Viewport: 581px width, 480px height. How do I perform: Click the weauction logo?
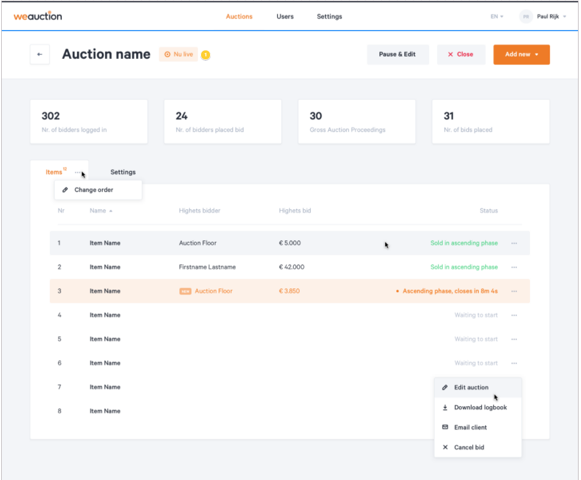[38, 16]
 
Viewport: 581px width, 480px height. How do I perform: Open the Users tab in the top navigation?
[285, 17]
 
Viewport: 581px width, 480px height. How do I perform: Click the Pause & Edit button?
[397, 55]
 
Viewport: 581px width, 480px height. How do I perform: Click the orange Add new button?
[521, 55]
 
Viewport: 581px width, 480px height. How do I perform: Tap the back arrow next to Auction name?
[40, 55]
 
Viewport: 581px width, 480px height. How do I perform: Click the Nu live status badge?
[178, 55]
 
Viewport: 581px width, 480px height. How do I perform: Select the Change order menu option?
[94, 190]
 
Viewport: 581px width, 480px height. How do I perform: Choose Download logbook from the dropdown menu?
[480, 407]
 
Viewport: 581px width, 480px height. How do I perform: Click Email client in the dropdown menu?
[470, 427]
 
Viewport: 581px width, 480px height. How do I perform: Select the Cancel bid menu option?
[469, 448]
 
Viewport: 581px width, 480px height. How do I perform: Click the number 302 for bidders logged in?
[50, 116]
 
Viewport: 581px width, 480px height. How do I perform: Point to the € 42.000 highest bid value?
[292, 267]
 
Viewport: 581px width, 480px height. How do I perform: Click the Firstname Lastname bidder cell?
[207, 267]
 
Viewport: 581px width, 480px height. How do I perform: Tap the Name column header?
[98, 211]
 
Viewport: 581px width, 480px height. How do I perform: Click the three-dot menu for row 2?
[514, 267]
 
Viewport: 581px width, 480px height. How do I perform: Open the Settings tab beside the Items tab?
[123, 172]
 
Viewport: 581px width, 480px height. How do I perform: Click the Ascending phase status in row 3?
[450, 291]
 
